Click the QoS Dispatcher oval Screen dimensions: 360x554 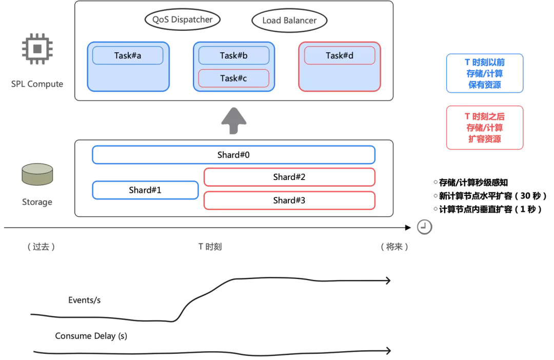coord(183,20)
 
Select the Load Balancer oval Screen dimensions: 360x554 coord(289,21)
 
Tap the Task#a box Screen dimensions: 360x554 coord(128,55)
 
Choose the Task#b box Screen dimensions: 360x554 coord(234,55)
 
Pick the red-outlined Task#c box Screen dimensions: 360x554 coord(234,78)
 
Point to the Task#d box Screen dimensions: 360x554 coord(340,55)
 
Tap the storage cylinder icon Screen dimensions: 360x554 coord(37,174)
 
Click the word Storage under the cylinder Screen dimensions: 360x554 coord(37,202)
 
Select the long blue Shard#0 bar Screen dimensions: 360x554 coord(233,155)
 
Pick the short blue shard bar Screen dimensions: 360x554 coord(145,190)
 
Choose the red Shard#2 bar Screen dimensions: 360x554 coord(289,177)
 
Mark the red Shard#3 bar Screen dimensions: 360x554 coord(289,201)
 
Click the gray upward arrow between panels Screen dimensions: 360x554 coord(233,123)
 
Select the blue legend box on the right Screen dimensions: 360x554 coord(485,73)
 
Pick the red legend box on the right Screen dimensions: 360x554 coord(485,128)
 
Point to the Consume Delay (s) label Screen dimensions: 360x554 coord(91,336)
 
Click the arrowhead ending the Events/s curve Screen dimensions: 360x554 coord(389,281)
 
